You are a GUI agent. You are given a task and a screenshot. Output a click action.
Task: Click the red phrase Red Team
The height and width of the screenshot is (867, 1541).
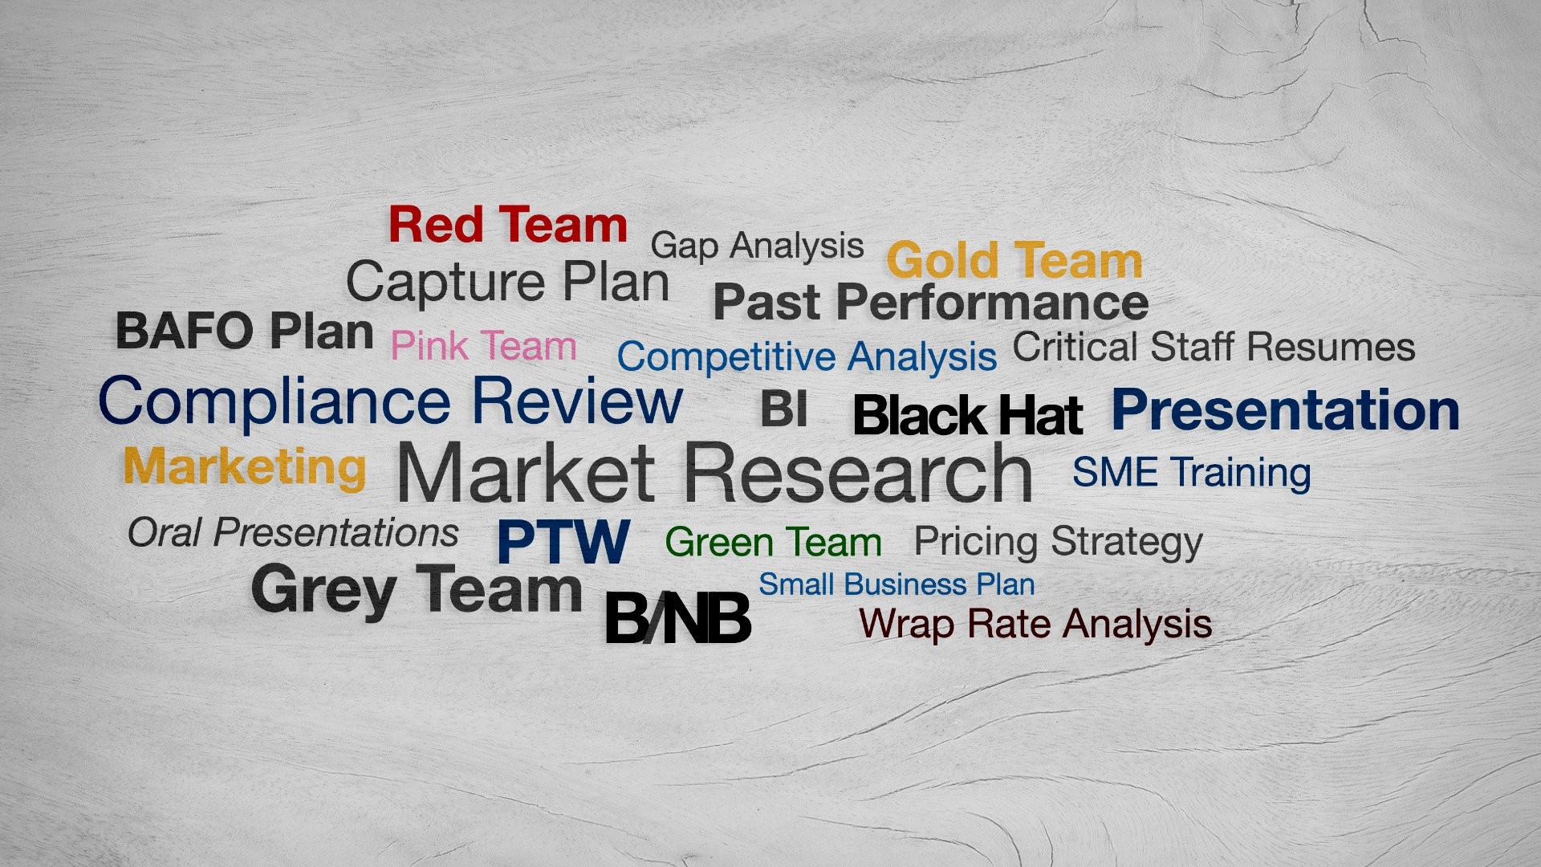507,225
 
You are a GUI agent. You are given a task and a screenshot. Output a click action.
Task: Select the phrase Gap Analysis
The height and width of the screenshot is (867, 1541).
757,246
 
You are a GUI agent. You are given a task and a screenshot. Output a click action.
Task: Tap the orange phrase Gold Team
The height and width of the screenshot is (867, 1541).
1014,261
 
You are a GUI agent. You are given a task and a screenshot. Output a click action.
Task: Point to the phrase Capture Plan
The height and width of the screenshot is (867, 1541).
507,283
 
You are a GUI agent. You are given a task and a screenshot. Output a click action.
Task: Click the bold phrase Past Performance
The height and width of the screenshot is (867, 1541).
931,303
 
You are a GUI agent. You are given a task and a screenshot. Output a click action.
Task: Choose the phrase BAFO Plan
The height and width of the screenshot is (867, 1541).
245,331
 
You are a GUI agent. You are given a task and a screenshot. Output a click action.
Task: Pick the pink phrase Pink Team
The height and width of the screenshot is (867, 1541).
483,347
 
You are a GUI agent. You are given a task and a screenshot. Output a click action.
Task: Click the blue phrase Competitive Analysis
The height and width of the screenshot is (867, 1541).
807,357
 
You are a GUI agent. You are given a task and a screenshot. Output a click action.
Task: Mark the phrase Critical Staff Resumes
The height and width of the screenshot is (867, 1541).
1214,348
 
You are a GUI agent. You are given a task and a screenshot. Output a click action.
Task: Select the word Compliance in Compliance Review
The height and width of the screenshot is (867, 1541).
274,402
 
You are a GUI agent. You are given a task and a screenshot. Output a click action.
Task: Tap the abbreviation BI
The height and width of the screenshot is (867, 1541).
783,409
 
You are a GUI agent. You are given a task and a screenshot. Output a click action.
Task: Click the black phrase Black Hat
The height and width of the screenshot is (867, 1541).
968,415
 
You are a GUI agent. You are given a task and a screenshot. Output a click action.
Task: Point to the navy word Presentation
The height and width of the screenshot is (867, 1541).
1285,410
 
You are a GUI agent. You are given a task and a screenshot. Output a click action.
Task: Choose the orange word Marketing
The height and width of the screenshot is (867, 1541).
245,466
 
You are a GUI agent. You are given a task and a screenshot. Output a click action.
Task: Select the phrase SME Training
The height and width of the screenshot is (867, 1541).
1191,472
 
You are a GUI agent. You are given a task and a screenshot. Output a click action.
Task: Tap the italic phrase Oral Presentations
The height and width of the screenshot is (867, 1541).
293,532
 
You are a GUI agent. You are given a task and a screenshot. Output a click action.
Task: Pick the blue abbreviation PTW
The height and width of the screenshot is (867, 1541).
563,541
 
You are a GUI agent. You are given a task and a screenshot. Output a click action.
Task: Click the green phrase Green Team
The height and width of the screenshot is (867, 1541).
773,542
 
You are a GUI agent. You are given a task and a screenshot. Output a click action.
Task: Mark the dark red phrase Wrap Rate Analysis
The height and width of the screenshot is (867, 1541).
1035,624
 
